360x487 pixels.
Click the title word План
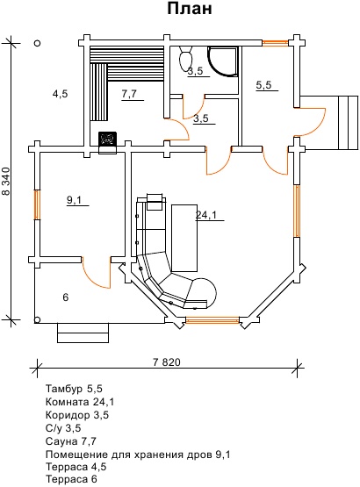[190, 9]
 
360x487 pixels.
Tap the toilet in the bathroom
[186, 58]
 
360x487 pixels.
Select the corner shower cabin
[223, 61]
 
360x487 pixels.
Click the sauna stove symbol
[107, 139]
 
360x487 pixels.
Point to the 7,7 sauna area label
[129, 94]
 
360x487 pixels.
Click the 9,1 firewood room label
[74, 200]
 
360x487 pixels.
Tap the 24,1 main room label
[206, 215]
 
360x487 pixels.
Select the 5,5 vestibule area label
[264, 85]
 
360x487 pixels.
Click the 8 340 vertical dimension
[7, 182]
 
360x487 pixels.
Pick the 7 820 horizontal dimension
[167, 362]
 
